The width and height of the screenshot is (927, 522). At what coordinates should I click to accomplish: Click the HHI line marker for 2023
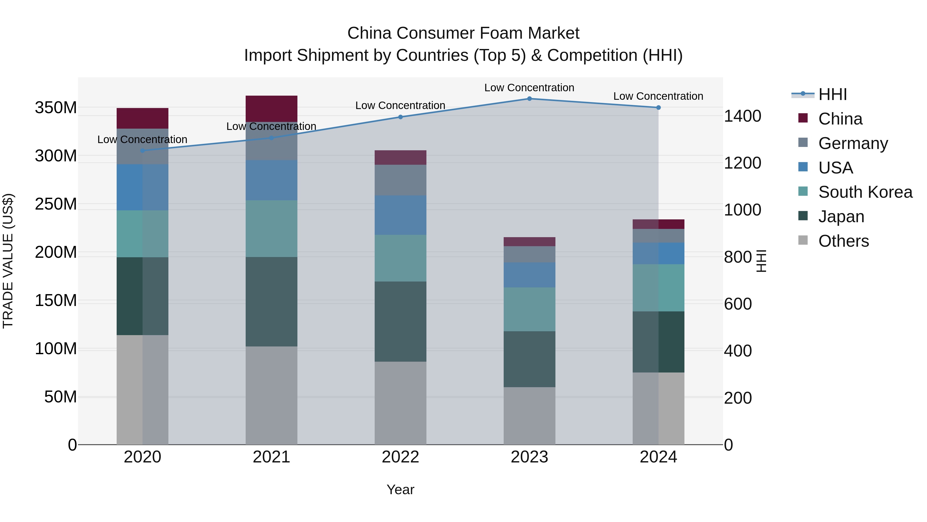point(529,99)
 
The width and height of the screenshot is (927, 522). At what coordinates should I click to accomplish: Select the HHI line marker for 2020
point(142,151)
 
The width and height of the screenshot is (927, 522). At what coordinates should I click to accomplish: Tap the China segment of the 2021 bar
point(271,109)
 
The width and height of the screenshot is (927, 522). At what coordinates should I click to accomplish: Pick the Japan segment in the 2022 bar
point(400,321)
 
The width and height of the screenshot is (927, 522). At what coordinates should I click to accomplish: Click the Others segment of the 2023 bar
point(529,416)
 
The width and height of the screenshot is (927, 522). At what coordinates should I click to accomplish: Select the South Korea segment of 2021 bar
point(271,228)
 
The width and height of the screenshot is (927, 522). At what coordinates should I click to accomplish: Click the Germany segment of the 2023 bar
point(529,254)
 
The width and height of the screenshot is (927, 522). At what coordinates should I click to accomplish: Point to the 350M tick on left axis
point(56,108)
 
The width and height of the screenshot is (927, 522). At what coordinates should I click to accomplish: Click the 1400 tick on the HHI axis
point(742,116)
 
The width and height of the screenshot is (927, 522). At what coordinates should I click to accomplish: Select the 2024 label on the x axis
point(658,457)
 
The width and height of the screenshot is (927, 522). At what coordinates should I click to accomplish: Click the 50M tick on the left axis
point(61,397)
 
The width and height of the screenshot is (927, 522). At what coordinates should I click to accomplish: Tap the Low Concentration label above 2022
point(400,105)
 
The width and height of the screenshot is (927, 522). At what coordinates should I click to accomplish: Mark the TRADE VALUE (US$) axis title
point(8,261)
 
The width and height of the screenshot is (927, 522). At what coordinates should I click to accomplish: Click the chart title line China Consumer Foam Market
point(463,33)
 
